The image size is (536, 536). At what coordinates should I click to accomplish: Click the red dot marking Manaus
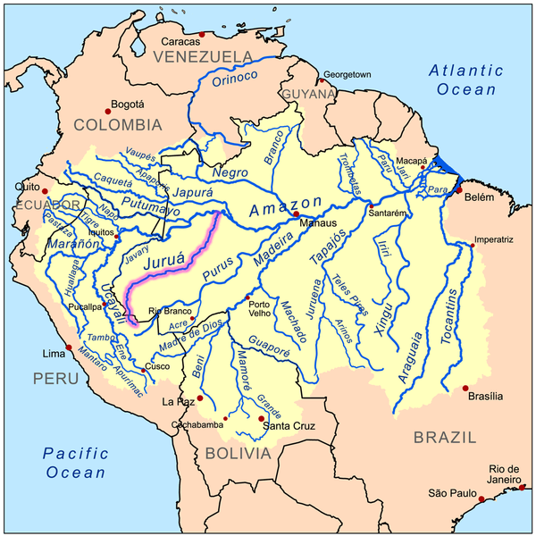pos(295,214)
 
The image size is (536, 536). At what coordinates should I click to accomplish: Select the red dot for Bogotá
pos(108,110)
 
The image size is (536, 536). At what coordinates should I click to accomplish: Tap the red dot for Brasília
pos(466,388)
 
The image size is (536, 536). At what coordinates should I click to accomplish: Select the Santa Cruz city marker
pos(261,418)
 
